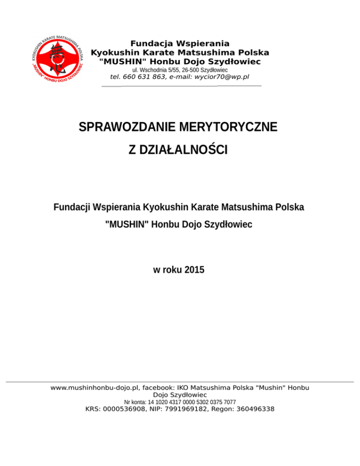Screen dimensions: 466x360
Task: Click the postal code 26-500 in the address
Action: (x=184, y=69)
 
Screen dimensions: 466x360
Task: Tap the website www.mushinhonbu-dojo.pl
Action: (x=94, y=388)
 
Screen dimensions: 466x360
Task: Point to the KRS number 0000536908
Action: (x=126, y=409)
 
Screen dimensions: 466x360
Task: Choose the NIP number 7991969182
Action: (x=187, y=409)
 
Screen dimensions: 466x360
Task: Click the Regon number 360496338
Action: (x=251, y=409)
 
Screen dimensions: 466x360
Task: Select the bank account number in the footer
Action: (x=195, y=402)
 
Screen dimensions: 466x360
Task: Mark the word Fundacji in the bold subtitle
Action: (x=72, y=207)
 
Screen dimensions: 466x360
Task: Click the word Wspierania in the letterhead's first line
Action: (x=202, y=44)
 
